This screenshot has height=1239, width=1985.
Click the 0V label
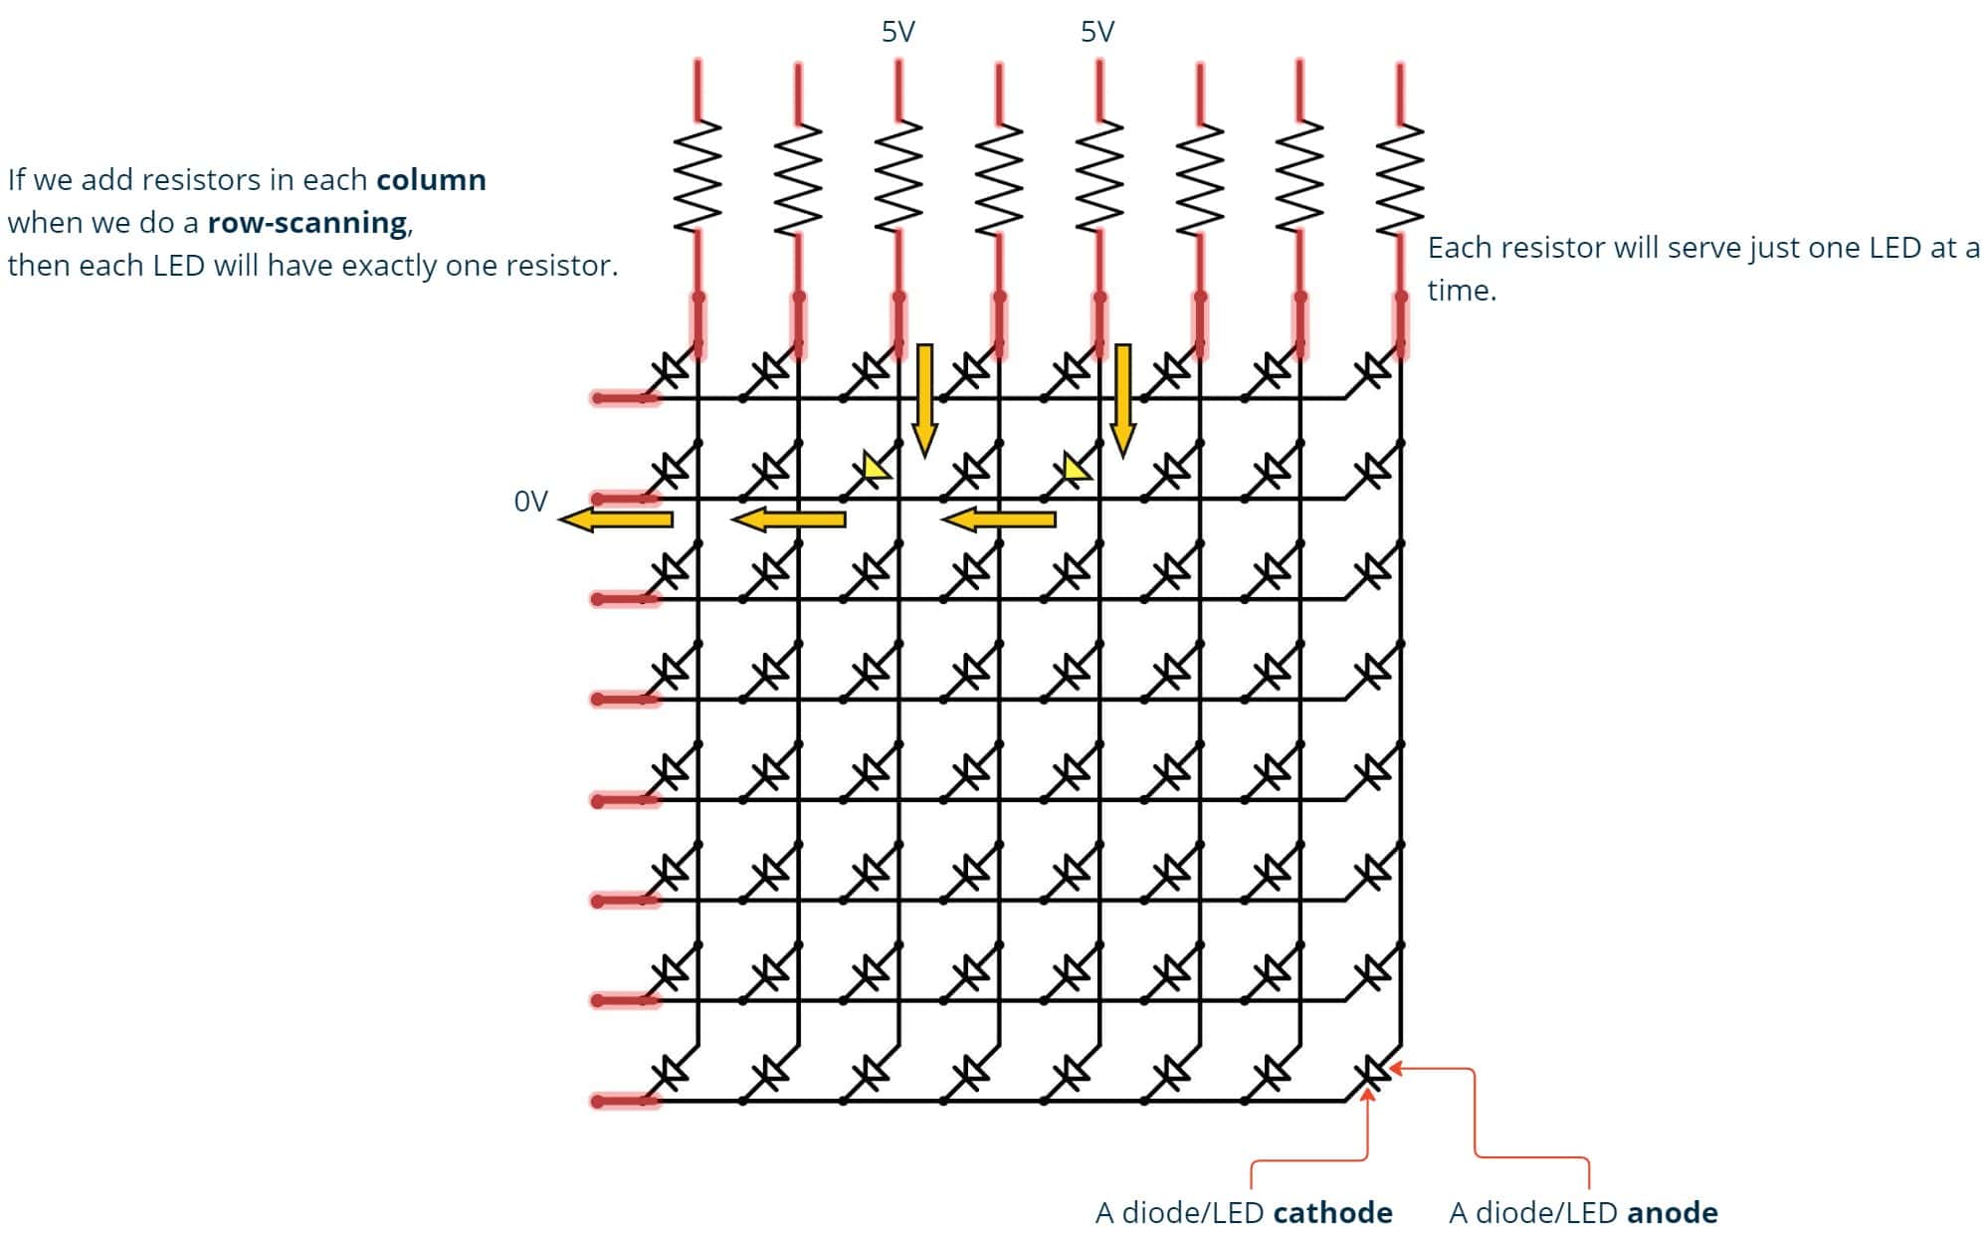pyautogui.click(x=530, y=501)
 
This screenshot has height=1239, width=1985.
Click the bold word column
pyautogui.click(x=431, y=180)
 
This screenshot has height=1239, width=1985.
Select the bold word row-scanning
pyautogui.click(x=307, y=223)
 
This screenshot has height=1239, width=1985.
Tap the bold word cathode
pyautogui.click(x=1332, y=1212)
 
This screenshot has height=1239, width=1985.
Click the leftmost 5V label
pyautogui.click(x=897, y=32)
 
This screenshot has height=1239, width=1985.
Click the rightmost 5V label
pyautogui.click(x=1097, y=32)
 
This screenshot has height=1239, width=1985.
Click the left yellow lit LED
pyautogui.click(x=875, y=468)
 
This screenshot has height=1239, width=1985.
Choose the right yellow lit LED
pyautogui.click(x=1076, y=468)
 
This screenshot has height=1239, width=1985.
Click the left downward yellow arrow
pyautogui.click(x=924, y=398)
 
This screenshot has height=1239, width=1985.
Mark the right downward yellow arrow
pyautogui.click(x=1123, y=398)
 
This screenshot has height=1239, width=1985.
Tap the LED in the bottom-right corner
pyautogui.click(x=1374, y=1071)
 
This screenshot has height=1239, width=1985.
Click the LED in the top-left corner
pyautogui.click(x=672, y=371)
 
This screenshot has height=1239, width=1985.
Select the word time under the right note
pyautogui.click(x=1461, y=291)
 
